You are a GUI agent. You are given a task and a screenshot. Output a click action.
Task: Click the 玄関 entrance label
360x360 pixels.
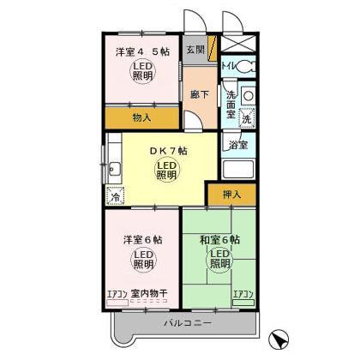195,50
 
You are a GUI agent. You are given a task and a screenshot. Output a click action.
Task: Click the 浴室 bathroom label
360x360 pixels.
237,145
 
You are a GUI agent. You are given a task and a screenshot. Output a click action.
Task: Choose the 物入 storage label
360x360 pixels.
143,118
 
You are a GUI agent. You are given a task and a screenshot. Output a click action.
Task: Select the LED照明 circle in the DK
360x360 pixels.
167,171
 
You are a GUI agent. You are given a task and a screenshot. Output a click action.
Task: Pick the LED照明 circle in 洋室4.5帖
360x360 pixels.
143,72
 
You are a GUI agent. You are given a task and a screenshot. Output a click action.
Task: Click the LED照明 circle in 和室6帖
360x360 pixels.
220,260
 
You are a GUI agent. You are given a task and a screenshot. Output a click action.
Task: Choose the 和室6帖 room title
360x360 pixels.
219,239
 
